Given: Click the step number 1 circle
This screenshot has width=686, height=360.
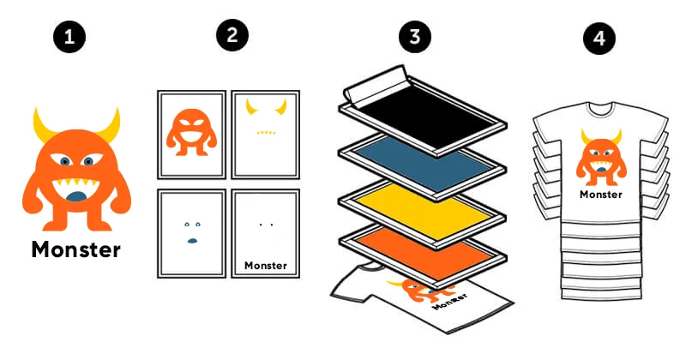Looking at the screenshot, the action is click(x=69, y=37).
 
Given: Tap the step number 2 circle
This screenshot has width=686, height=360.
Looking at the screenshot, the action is click(x=232, y=35).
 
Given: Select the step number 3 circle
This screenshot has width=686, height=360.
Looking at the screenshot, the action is click(x=415, y=36).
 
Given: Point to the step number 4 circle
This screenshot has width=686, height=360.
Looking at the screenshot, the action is click(x=599, y=38).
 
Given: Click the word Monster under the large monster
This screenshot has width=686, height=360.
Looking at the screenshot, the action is click(x=76, y=249).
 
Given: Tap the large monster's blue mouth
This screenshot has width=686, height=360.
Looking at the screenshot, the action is click(x=77, y=196).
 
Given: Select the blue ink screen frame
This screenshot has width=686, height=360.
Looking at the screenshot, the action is click(x=423, y=163).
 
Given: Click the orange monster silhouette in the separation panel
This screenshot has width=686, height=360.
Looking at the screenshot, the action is click(x=191, y=132).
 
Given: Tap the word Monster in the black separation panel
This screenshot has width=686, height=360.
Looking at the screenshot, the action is click(x=266, y=266).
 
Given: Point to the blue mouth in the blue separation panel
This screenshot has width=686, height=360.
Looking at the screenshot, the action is click(x=191, y=241).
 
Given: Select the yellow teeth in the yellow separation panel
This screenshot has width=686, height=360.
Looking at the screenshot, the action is click(x=266, y=132).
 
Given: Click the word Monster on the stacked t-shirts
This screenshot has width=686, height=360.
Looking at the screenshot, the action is click(x=601, y=195).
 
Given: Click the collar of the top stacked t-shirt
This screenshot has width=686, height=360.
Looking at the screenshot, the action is click(x=599, y=105).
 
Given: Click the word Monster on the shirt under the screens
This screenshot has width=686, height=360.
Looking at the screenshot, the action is click(x=450, y=302).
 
